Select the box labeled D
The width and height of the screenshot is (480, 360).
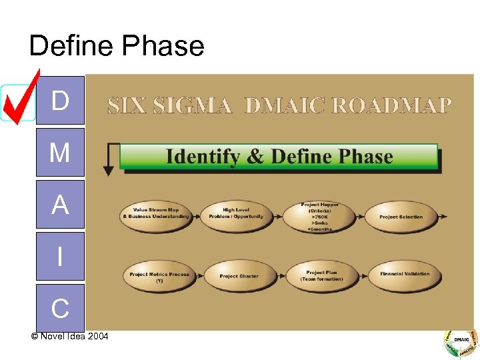(x=60, y=101)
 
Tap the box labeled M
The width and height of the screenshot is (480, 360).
(x=60, y=153)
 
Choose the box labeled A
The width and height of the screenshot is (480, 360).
(x=60, y=205)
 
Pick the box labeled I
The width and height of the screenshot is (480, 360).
(x=60, y=257)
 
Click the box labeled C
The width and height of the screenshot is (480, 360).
(x=60, y=307)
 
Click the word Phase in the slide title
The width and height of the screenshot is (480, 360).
(x=162, y=46)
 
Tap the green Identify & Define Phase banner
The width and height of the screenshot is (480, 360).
(x=279, y=157)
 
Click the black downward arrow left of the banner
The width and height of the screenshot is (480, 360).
(x=108, y=160)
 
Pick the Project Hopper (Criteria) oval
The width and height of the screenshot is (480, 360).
(x=319, y=216)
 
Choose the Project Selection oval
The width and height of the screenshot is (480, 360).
(x=401, y=217)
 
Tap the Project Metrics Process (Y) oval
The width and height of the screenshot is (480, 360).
(x=159, y=276)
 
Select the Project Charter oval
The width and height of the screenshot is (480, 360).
(x=239, y=276)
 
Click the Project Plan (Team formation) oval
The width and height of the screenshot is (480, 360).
(x=322, y=275)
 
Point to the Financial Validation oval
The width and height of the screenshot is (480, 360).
(x=404, y=274)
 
